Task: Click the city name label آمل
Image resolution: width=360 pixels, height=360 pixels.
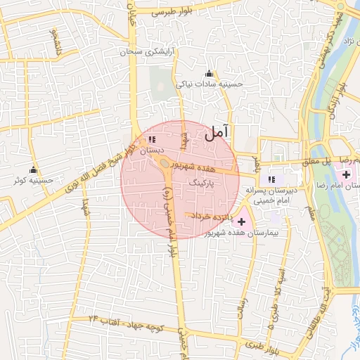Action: pyautogui.click(x=217, y=133)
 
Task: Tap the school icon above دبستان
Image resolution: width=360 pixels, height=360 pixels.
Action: pyautogui.click(x=152, y=140)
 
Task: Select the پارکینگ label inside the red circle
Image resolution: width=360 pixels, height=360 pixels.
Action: pyautogui.click(x=202, y=181)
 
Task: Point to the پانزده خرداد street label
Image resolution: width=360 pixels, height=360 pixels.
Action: pyautogui.click(x=212, y=216)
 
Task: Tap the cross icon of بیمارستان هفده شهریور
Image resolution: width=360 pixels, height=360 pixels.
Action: pyautogui.click(x=242, y=221)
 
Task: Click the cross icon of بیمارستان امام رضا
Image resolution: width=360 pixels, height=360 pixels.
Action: pyautogui.click(x=346, y=174)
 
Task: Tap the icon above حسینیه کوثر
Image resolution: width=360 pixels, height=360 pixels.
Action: pyautogui.click(x=32, y=170)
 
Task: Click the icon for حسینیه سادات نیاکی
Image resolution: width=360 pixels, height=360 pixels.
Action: pyautogui.click(x=208, y=74)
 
